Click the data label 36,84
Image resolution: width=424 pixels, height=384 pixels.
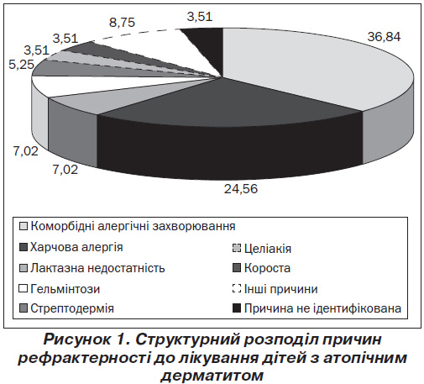tap(384, 37)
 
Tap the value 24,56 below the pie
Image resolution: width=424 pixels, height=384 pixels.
tap(241, 189)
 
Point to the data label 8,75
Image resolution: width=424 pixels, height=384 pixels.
tap(122, 23)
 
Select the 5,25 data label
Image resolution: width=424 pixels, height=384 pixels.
tap(22, 65)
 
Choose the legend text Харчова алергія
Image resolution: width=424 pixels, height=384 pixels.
tap(76, 247)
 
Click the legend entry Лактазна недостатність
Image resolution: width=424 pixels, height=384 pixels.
tap(97, 268)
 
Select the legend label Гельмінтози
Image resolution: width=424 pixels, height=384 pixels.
tap(65, 289)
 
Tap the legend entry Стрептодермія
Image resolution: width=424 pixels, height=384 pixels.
tap(72, 308)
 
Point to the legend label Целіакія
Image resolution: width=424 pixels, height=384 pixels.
tap(268, 249)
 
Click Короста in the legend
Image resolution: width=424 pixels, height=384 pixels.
tap(267, 268)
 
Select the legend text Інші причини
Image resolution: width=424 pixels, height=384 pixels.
tap(280, 289)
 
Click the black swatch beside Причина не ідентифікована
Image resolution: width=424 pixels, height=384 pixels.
tap(237, 308)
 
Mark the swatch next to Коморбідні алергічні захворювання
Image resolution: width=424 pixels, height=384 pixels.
tap(24, 226)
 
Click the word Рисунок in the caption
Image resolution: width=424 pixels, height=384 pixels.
tap(77, 340)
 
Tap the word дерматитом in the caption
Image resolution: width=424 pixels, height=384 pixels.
tap(212, 376)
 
